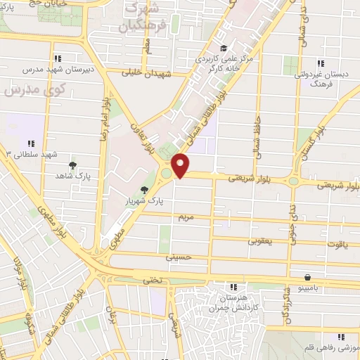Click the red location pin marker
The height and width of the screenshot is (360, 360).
[x=181, y=165]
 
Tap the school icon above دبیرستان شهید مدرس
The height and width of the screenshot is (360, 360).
[x=59, y=58]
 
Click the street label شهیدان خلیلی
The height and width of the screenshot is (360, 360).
[x=143, y=72]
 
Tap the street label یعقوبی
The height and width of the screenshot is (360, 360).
[x=259, y=240]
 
